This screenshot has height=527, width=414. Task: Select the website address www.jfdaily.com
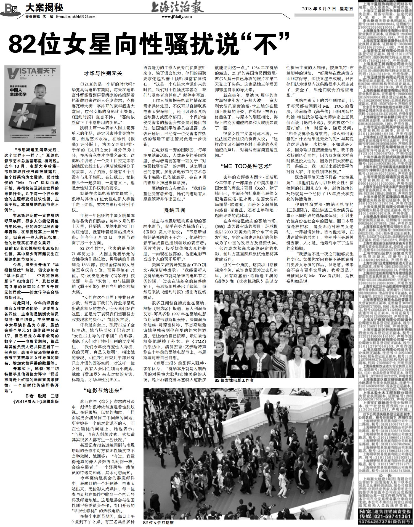click(x=177, y=17)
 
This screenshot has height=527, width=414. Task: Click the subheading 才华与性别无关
click(x=103, y=73)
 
